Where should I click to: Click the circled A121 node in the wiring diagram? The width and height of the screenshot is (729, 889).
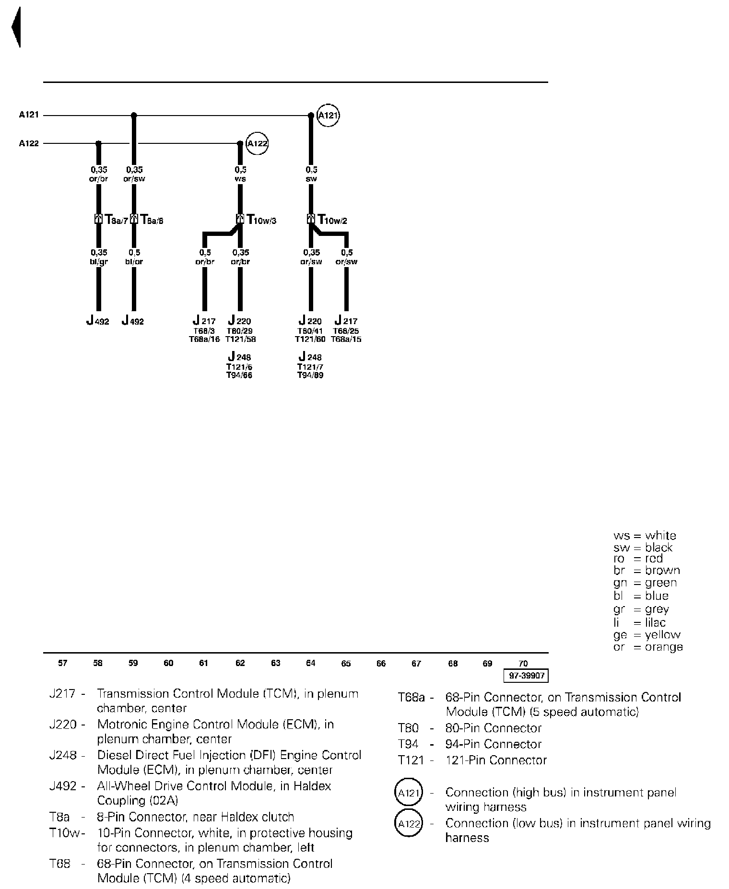click(329, 116)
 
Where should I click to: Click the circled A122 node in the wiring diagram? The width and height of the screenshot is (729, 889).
click(257, 143)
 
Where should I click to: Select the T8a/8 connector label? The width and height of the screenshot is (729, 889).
click(152, 220)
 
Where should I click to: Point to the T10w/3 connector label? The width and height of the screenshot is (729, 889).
click(261, 220)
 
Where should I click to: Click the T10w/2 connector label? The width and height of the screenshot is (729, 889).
click(332, 220)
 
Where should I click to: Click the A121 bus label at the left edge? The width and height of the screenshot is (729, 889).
click(29, 115)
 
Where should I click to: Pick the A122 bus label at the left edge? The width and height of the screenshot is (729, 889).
click(29, 143)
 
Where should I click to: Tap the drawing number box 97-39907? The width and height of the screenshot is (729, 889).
click(526, 676)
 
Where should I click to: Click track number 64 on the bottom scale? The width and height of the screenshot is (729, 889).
click(311, 663)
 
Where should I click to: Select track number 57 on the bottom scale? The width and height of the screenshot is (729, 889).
click(63, 663)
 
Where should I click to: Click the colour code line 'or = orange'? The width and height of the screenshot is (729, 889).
click(648, 647)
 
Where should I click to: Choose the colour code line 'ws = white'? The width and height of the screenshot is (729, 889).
click(645, 536)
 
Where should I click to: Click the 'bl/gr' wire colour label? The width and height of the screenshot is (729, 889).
click(99, 262)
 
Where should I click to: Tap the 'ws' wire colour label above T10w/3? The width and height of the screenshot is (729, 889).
click(240, 179)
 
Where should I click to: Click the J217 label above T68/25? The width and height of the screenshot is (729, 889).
click(346, 321)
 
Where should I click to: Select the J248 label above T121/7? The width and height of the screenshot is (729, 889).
click(310, 357)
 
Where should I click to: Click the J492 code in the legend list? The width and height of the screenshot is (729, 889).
click(63, 786)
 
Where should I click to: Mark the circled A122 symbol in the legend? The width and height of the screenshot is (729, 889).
click(409, 824)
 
